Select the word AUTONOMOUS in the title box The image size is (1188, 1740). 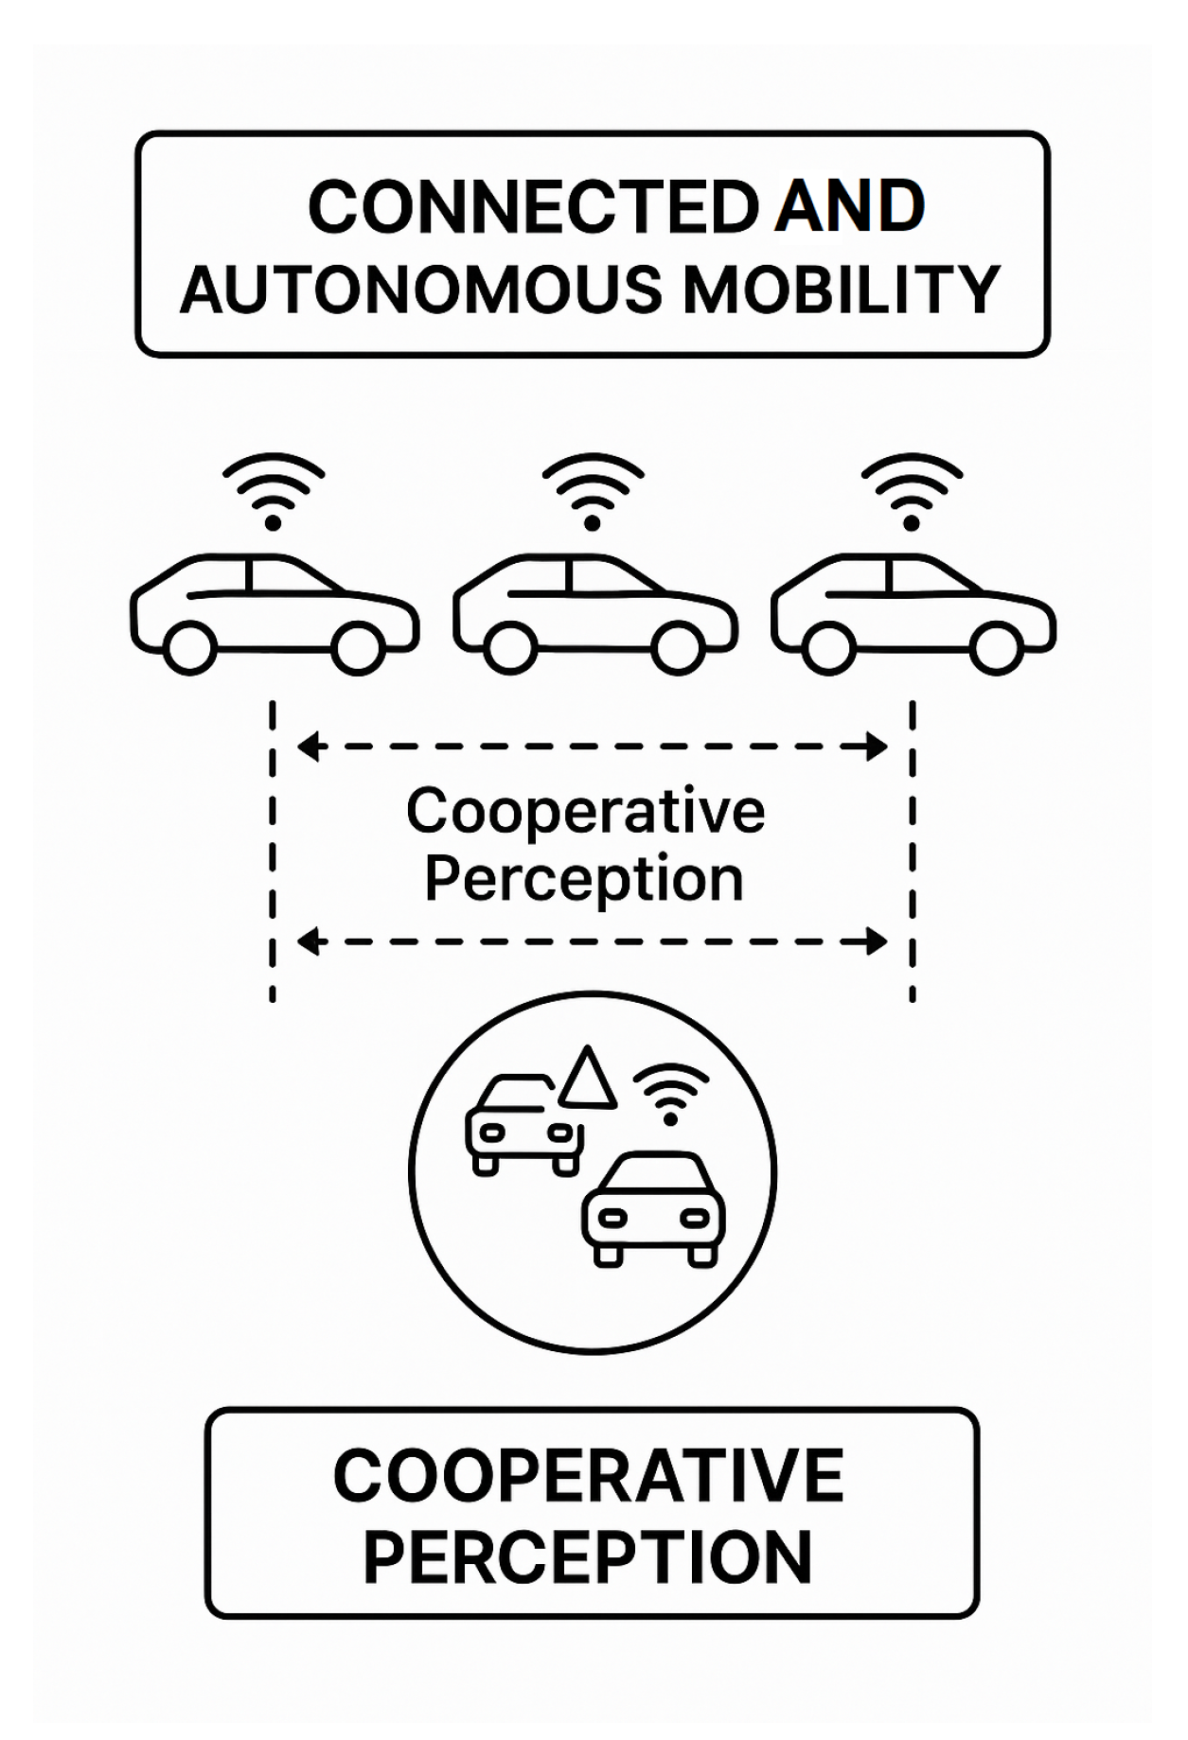pyautogui.click(x=421, y=290)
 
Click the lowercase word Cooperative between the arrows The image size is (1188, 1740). pyautogui.click(x=586, y=812)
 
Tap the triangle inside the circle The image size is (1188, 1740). pyautogui.click(x=588, y=1079)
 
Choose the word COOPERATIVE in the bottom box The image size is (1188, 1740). pyautogui.click(x=589, y=1475)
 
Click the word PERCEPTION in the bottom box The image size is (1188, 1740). pyautogui.click(x=588, y=1557)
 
